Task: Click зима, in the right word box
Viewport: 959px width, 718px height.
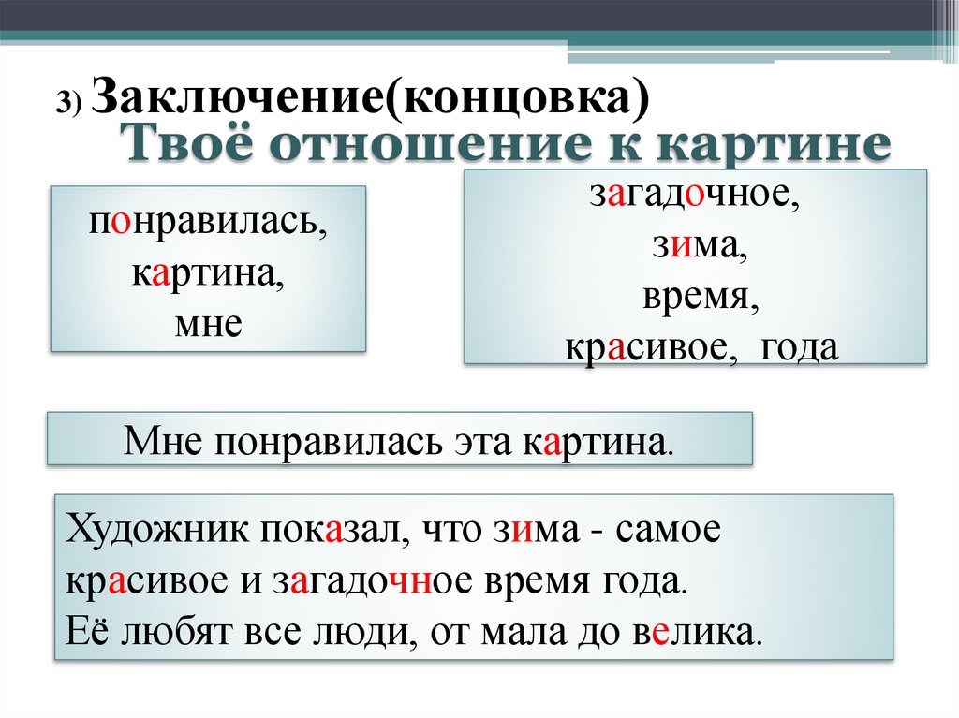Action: pyautogui.click(x=694, y=248)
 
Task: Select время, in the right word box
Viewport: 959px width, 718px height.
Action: pyautogui.click(x=694, y=298)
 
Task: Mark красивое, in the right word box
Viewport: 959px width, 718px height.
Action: pyautogui.click(x=647, y=347)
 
